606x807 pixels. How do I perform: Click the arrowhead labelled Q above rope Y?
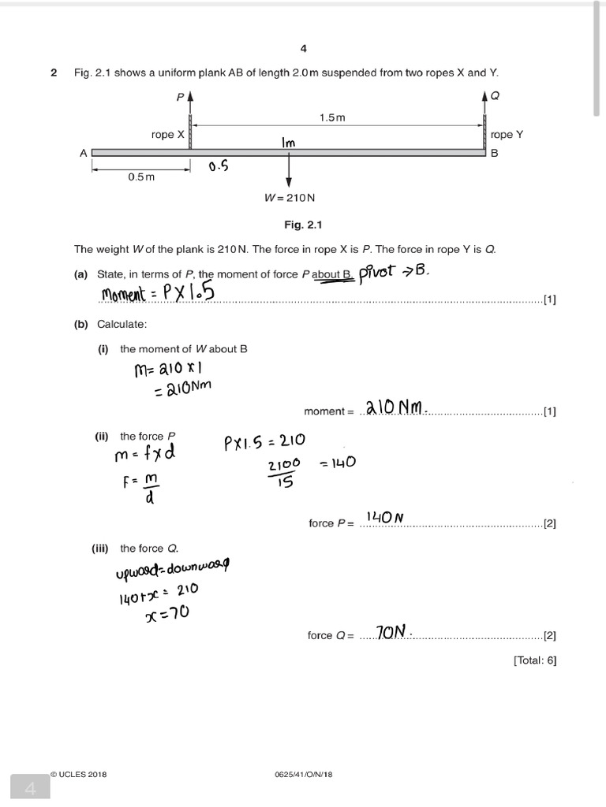tap(484, 98)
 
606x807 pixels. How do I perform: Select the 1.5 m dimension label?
tap(332, 117)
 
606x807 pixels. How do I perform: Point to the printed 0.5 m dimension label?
tap(141, 177)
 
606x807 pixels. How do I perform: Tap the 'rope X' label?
tap(167, 135)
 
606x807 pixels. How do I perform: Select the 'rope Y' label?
tap(507, 135)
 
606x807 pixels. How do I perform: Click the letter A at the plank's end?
tap(83, 154)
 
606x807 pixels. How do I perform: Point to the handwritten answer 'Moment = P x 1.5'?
tap(159, 294)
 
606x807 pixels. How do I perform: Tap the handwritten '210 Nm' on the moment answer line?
tap(395, 407)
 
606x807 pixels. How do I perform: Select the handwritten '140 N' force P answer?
tap(384, 518)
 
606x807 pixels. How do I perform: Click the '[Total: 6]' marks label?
tap(534, 660)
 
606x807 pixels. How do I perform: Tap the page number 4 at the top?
tap(304, 49)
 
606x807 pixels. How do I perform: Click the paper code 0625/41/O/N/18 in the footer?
tap(301, 775)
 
